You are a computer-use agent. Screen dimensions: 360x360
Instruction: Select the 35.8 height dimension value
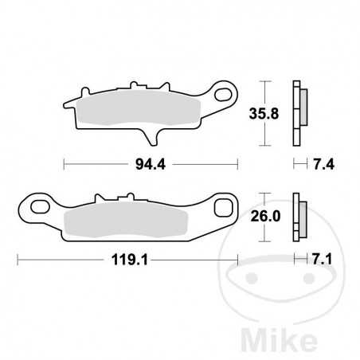[x=267, y=114]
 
